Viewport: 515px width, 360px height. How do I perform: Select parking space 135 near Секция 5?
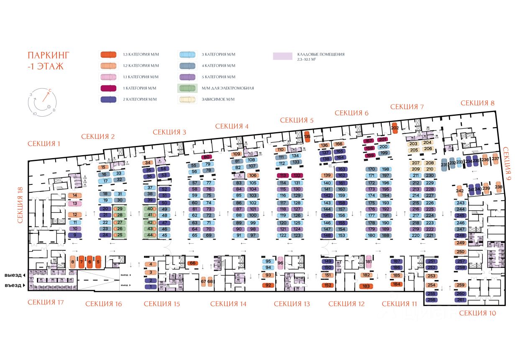click(x=307, y=137)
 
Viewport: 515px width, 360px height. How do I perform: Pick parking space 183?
click(x=366, y=286)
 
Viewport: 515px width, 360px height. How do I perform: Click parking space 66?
click(x=192, y=263)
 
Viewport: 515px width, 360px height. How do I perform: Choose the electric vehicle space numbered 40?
click(x=149, y=209)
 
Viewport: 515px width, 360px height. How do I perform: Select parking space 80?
click(x=206, y=157)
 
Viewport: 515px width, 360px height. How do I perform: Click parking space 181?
click(x=369, y=262)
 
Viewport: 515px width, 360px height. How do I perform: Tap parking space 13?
click(x=74, y=204)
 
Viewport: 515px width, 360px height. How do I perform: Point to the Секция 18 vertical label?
click(x=19, y=205)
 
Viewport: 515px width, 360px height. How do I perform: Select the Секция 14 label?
click(x=228, y=304)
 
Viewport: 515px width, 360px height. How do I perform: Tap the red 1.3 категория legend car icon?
click(x=109, y=55)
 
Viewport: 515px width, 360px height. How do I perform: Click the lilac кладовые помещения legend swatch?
click(x=282, y=56)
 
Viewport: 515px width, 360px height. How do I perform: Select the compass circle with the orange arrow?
click(x=41, y=102)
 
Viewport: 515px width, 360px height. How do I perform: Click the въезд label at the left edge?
click(x=13, y=286)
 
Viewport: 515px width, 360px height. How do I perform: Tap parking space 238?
click(x=498, y=186)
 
